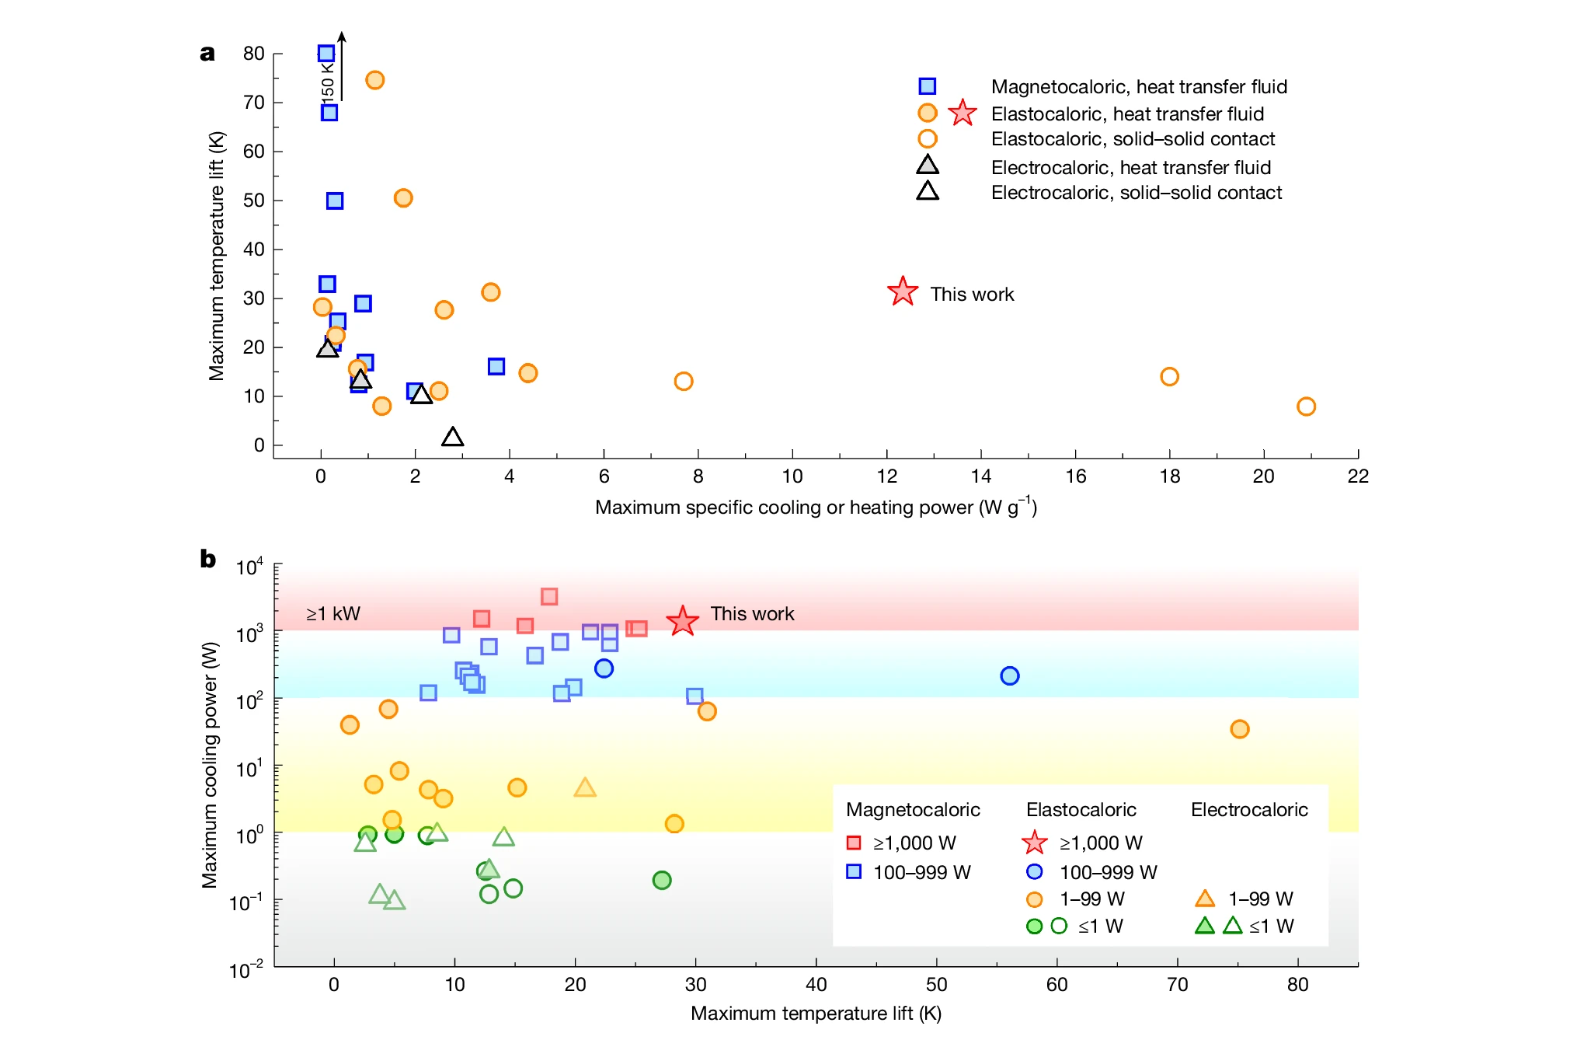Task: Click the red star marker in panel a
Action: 902,292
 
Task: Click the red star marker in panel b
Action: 682,621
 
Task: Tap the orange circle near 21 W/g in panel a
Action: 1306,407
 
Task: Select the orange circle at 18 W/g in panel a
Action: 1169,377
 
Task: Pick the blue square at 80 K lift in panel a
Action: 326,54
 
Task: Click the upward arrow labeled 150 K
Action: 341,66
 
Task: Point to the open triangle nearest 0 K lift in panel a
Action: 452,438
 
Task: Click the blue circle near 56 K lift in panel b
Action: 1009,676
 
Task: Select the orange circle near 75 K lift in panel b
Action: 1239,729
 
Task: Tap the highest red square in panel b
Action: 549,597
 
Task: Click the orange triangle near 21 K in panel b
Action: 585,788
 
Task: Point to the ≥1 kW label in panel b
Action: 333,614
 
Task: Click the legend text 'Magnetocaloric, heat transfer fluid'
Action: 1139,87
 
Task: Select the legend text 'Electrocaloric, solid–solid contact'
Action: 1136,193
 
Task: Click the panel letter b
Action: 207,559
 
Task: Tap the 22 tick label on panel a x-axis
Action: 1357,476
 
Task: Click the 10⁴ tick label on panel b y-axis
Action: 249,567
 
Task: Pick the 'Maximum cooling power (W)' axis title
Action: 210,765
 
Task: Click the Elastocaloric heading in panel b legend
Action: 1081,810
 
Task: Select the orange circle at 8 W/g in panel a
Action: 683,382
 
